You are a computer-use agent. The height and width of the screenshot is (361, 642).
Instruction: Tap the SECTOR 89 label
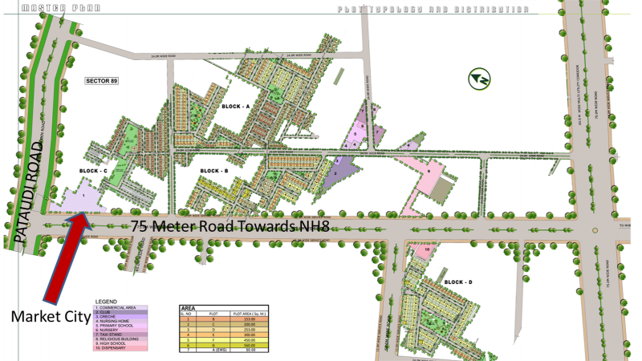pos(101,82)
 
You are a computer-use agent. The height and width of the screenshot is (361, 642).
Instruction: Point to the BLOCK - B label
pos(214,171)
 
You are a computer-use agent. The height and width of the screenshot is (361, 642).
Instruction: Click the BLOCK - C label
pos(93,171)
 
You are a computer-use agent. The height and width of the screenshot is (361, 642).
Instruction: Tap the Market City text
pos(51,317)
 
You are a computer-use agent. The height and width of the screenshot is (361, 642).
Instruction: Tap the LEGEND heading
pos(106,302)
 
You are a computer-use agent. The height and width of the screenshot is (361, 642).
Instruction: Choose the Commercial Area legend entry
pos(117,307)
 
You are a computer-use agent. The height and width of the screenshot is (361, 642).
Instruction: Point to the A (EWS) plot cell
pos(213,351)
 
